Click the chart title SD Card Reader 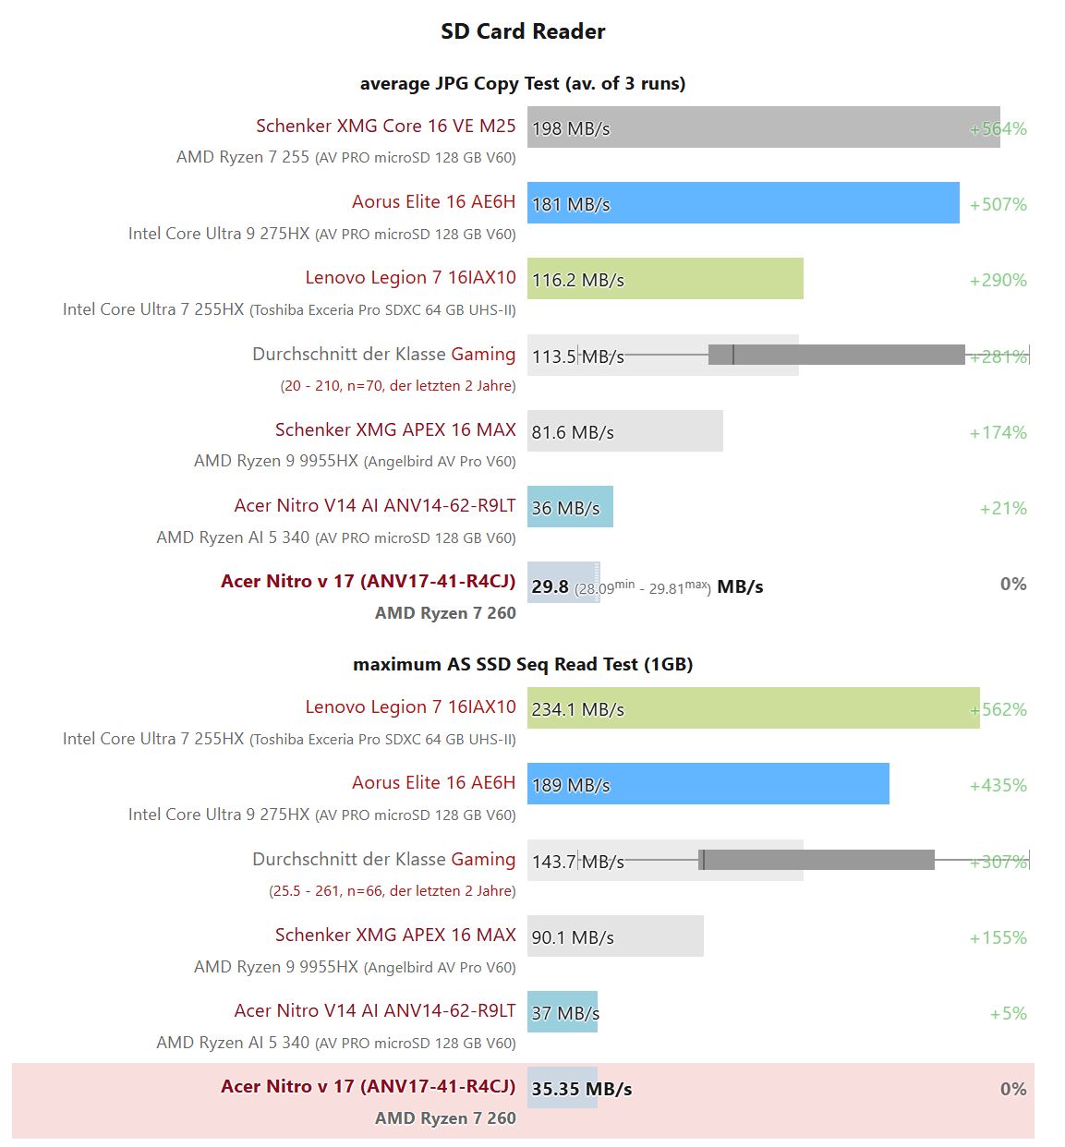[523, 31]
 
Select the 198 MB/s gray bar [763, 127]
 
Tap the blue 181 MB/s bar [743, 203]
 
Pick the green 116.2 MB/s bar [665, 279]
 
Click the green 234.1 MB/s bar [753, 708]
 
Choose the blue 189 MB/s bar [708, 784]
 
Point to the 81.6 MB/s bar [624, 431]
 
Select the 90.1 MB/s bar [615, 936]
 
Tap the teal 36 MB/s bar [570, 507]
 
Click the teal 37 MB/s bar [563, 1012]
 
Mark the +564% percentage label [998, 128]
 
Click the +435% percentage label [998, 785]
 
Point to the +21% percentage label [1003, 508]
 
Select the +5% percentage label [1008, 1013]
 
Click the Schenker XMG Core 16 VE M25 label [385, 126]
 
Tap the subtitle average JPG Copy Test [522, 83]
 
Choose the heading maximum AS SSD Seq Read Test [522, 664]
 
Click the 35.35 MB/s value [581, 1089]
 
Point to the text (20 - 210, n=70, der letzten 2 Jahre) [397, 386]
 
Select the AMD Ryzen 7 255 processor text [243, 157]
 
